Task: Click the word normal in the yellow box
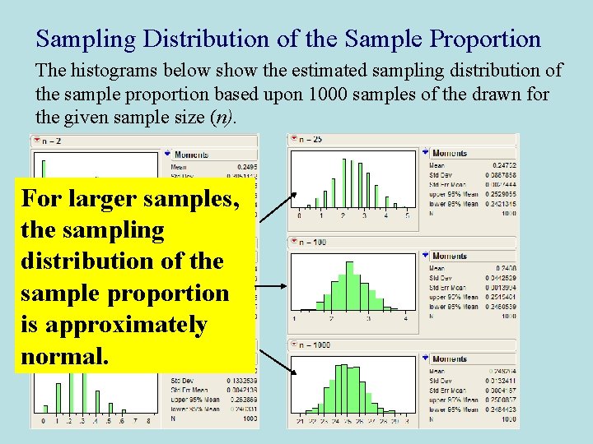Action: point(63,356)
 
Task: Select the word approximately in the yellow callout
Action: point(114,325)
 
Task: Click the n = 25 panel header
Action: point(311,140)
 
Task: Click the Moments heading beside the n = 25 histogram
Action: point(450,153)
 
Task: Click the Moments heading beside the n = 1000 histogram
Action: point(450,359)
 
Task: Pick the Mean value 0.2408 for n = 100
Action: point(506,269)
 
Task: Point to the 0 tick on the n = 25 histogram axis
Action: point(298,215)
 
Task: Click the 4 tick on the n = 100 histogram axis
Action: point(405,318)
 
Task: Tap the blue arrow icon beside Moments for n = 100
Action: point(426,257)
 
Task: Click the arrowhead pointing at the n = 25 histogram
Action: point(295,196)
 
